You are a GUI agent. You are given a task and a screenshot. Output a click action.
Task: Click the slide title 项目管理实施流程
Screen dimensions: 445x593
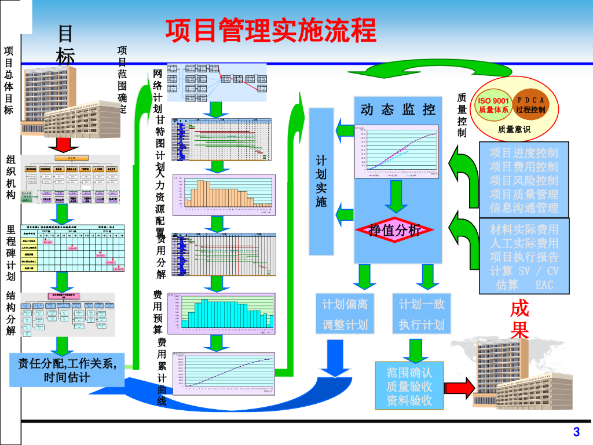271,30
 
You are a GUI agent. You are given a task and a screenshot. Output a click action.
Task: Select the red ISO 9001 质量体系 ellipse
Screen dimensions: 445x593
493,105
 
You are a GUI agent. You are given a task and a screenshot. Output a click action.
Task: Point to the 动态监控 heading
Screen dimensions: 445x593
397,109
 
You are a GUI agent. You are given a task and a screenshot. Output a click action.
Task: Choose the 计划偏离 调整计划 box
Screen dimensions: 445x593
345,314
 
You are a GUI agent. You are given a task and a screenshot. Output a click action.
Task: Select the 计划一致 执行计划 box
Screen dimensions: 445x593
422,314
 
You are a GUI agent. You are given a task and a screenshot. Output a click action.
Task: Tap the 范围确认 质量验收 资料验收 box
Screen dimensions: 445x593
409,385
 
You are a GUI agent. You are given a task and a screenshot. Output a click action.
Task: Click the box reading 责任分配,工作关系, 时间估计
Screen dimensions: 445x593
67,371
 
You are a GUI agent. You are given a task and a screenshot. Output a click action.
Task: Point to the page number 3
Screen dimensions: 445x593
576,432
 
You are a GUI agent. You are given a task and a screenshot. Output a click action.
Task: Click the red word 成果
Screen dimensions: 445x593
519,320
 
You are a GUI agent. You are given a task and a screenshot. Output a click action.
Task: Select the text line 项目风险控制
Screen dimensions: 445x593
524,180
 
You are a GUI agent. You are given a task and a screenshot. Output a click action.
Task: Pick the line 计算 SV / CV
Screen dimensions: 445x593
524,271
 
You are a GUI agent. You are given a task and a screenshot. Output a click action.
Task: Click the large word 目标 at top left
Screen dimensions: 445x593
65,45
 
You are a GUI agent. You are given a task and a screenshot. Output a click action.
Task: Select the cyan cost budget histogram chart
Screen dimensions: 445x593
221,313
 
